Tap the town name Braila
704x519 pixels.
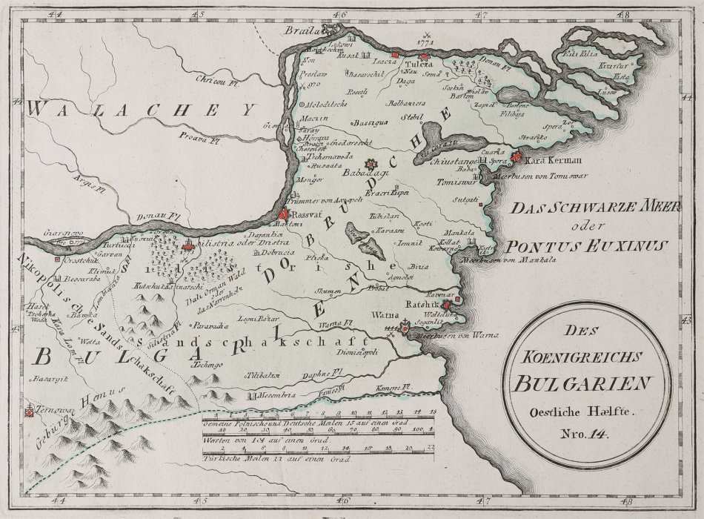(304, 30)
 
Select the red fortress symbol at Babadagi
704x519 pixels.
(371, 164)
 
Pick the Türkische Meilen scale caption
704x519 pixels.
(245, 457)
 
